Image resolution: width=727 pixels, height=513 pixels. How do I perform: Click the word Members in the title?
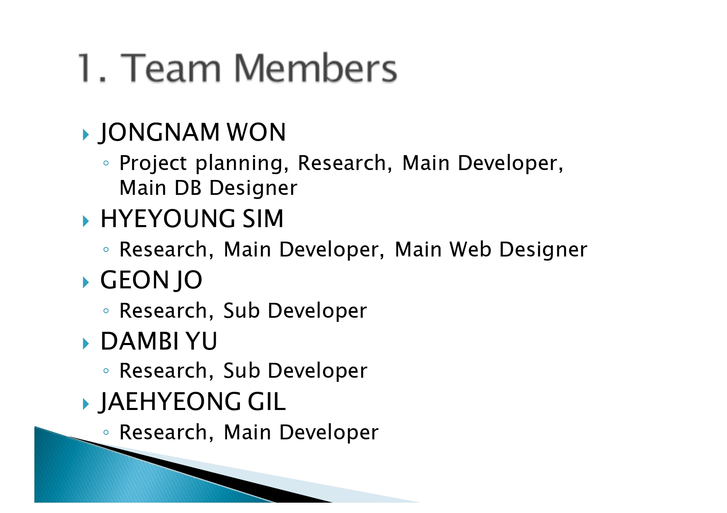pos(316,67)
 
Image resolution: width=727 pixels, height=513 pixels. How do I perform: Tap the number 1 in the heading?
pos(86,67)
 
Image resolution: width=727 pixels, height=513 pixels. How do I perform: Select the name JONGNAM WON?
pos(192,132)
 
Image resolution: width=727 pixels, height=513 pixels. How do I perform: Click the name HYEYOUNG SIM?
pos(192,218)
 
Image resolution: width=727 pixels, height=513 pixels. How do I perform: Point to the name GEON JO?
pos(151,280)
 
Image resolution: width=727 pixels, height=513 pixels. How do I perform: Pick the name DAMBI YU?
pos(159,341)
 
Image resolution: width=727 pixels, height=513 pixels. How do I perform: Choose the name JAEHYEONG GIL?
pos(192,402)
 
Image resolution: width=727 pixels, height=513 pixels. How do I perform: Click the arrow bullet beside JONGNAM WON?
pos(86,134)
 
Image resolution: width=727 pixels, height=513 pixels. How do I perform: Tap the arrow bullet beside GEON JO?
pos(86,283)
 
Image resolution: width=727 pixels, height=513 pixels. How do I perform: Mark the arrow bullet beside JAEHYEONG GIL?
pos(86,404)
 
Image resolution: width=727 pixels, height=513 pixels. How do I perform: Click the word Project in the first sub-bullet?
pos(153,163)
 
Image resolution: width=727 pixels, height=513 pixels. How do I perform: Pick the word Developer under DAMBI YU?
pos(317,371)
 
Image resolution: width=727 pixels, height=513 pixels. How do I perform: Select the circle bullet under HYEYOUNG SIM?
pos(106,249)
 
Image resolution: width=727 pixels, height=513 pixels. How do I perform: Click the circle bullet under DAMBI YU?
pos(106,371)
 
